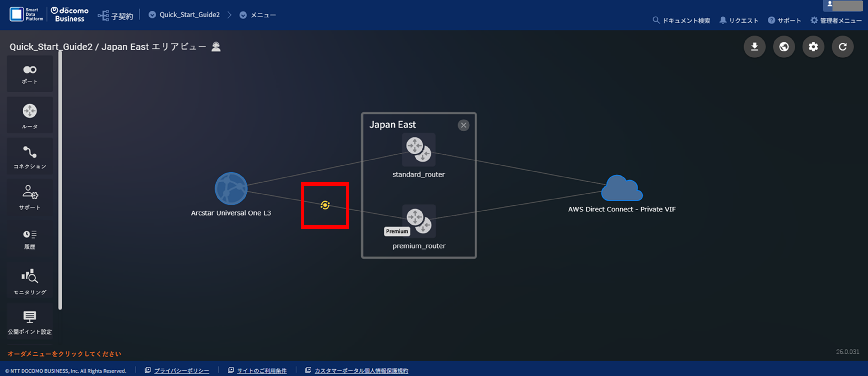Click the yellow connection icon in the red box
coord(325,205)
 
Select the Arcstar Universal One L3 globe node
coord(231,188)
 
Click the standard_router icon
coord(418,149)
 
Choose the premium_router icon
coord(419,221)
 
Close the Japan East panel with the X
coord(464,125)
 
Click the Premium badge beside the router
coord(397,231)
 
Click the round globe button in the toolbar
coord(784,47)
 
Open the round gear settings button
coord(813,47)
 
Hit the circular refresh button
coord(842,47)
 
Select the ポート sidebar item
coord(30,74)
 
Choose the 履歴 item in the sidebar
coord(30,239)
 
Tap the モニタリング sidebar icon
coord(30,280)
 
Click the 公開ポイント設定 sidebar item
coord(30,322)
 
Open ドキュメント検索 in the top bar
coord(681,21)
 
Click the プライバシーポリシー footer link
coord(181,371)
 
